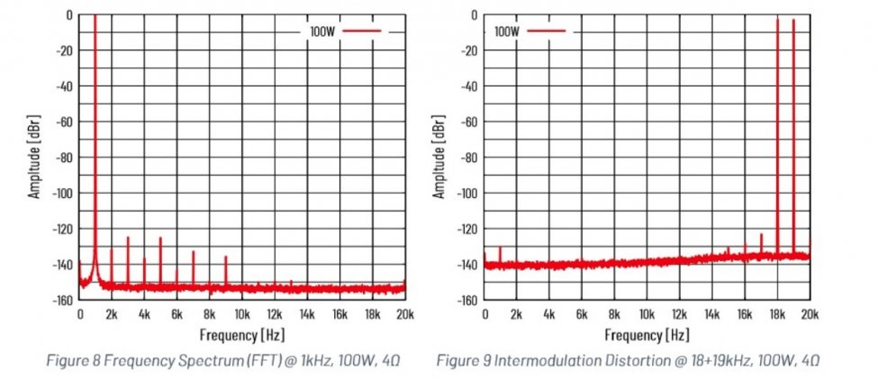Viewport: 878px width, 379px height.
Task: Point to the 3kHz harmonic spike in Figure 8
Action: pos(128,239)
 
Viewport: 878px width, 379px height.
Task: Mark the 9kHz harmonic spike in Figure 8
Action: pos(226,258)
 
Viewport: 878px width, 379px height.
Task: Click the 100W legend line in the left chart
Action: pos(362,31)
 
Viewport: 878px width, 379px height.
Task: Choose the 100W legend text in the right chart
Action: pos(508,31)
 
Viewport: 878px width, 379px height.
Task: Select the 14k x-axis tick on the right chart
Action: pos(712,314)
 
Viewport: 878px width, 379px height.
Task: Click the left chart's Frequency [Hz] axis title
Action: pos(240,335)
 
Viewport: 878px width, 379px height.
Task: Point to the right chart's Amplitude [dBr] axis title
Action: pos(440,157)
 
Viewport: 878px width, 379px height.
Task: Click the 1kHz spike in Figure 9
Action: pos(500,248)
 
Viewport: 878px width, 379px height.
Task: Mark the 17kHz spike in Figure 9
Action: pos(761,237)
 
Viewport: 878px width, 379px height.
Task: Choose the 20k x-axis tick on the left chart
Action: pos(404,314)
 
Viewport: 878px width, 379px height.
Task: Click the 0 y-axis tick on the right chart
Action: pos(474,15)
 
